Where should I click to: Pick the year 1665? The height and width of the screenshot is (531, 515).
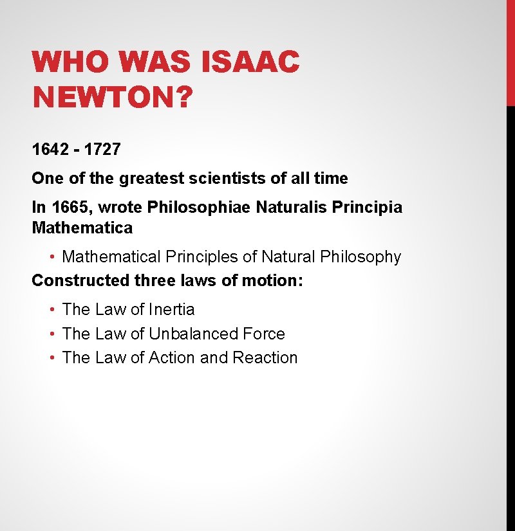(69, 207)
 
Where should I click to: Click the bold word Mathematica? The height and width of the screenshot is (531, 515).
(82, 228)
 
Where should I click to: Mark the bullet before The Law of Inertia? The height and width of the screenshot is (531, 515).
(51, 310)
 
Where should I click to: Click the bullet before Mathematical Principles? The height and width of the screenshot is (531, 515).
(51, 257)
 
